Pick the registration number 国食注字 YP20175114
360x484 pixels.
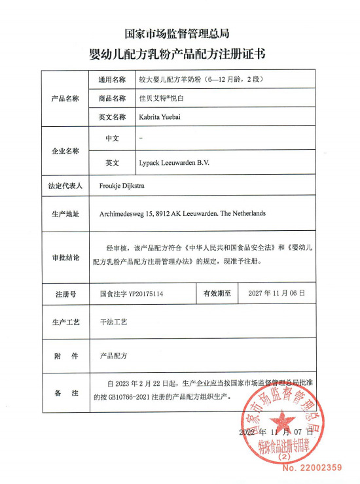coord(131,294)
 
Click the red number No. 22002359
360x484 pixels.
coord(312,467)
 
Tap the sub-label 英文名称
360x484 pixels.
coord(111,118)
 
